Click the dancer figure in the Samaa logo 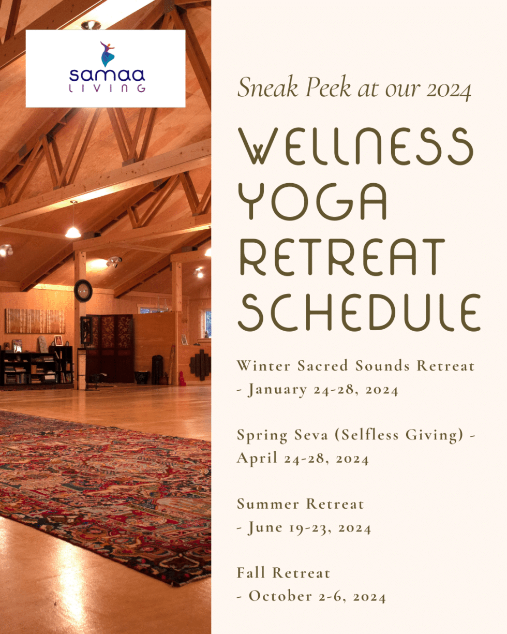click(x=108, y=53)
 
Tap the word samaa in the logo click(x=107, y=76)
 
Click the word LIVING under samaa click(x=107, y=89)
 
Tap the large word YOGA click(x=312, y=203)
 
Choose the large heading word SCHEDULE click(x=359, y=314)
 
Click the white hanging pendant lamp click(x=73, y=231)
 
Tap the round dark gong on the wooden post click(x=83, y=291)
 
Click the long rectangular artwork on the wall click(x=35, y=321)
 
